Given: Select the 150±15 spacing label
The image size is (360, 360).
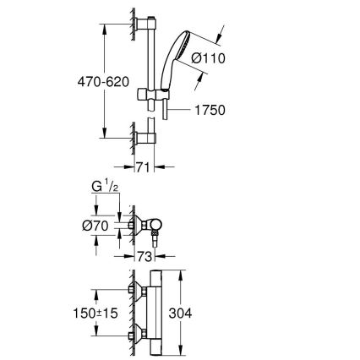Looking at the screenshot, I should [95, 314].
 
